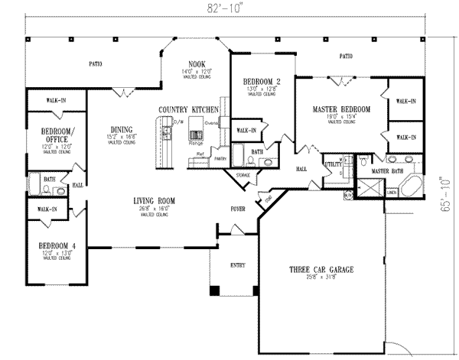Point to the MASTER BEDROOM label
click(341, 110)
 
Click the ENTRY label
click(238, 265)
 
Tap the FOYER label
click(238, 208)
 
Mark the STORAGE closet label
click(243, 175)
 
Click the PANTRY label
click(222, 158)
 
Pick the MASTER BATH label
click(386, 173)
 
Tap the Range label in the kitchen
click(196, 143)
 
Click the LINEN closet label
click(392, 193)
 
